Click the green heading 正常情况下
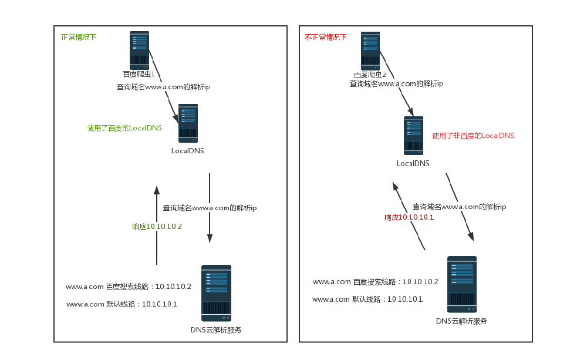[x=78, y=37]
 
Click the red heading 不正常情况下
[x=325, y=37]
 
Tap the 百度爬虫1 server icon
[x=140, y=51]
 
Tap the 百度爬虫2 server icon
[x=370, y=51]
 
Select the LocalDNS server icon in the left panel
[x=188, y=123]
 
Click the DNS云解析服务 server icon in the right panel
[x=461, y=284]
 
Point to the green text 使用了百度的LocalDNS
[x=124, y=127]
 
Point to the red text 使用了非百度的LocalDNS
[x=473, y=136]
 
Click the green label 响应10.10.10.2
[x=157, y=226]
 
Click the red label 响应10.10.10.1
[x=409, y=217]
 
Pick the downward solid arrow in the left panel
[x=210, y=208]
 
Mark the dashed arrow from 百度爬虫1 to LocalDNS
[x=164, y=85]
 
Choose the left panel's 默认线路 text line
[x=122, y=304]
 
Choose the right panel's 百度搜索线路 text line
[x=375, y=282]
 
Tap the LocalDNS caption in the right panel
[x=413, y=163]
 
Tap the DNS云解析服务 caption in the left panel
[x=216, y=329]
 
